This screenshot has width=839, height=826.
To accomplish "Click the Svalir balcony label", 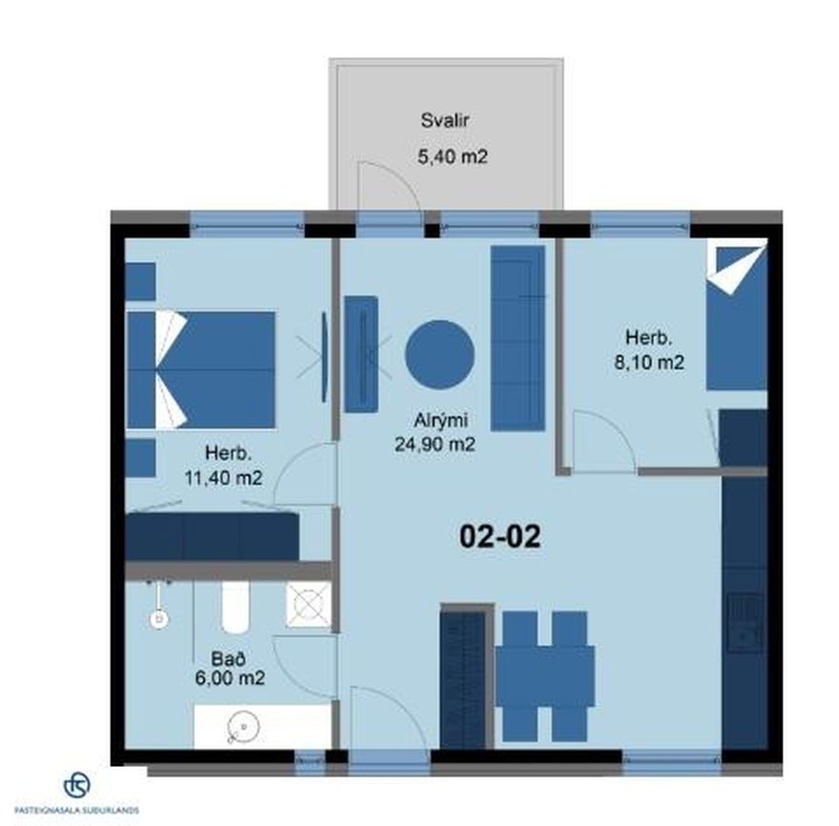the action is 444,120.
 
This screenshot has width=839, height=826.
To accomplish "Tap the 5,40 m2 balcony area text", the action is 452,156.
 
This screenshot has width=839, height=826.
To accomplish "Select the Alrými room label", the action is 440,421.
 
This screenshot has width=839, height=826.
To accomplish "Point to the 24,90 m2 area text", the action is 435,444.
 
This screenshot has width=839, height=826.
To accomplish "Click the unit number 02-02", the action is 501,536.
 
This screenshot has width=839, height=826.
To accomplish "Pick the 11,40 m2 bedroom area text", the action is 224,477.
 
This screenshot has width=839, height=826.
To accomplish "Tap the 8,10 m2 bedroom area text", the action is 648,362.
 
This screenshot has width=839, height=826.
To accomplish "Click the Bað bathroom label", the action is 229,658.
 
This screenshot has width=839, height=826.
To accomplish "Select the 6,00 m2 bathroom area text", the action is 230,678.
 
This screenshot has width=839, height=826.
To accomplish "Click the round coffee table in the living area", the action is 440,354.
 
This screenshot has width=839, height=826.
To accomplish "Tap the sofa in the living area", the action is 518,338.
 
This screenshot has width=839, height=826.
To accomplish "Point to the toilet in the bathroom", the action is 235,607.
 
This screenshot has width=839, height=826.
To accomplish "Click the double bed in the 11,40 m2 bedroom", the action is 201,370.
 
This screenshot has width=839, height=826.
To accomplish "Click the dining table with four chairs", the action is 544,676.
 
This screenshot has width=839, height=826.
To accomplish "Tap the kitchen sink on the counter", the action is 745,623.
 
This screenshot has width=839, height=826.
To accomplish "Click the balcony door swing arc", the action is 396,176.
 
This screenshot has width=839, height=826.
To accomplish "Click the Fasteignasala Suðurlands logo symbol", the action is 76,785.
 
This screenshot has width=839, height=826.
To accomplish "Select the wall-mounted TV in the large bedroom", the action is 324,357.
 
